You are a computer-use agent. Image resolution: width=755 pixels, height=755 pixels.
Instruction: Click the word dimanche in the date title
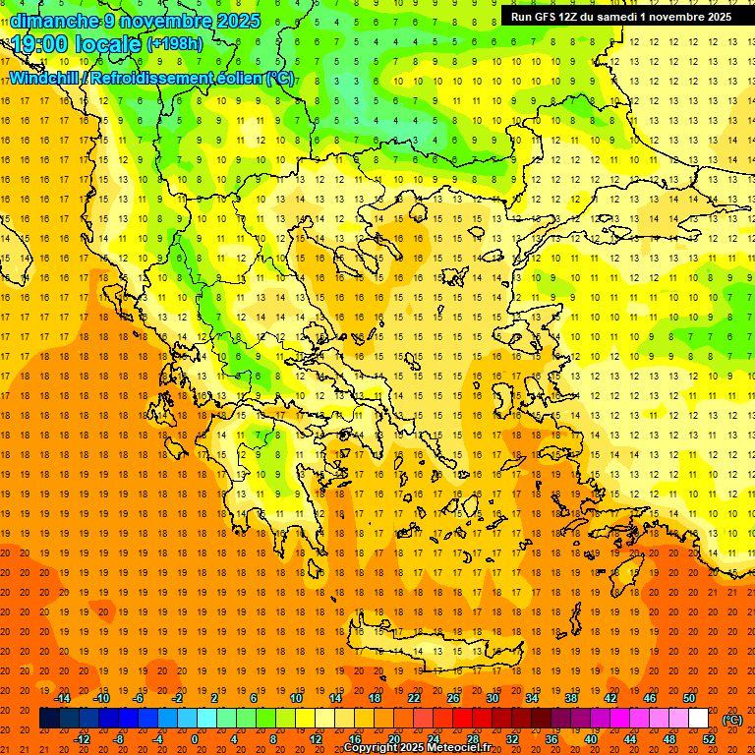[x=55, y=21]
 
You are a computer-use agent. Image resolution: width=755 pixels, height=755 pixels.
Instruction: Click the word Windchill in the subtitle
[x=45, y=78]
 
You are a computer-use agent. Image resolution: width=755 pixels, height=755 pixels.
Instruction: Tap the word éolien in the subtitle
[x=241, y=78]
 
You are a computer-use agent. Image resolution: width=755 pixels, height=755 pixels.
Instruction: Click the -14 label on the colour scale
[x=64, y=698]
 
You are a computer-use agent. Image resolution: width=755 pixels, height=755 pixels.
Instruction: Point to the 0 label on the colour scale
[x=195, y=739]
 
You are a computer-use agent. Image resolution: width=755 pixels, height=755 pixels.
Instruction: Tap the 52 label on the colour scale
[x=709, y=739]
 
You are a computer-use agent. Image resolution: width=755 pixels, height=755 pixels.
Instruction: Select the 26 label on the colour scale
[x=453, y=698]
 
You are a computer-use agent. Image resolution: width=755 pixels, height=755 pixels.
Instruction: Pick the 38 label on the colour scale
[x=571, y=698]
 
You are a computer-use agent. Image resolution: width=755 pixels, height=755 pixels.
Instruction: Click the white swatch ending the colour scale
[x=698, y=719]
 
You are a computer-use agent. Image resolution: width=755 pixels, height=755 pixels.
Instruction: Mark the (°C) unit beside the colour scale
[x=731, y=720]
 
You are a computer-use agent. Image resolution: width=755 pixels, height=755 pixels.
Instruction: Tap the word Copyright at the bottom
[x=371, y=748]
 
